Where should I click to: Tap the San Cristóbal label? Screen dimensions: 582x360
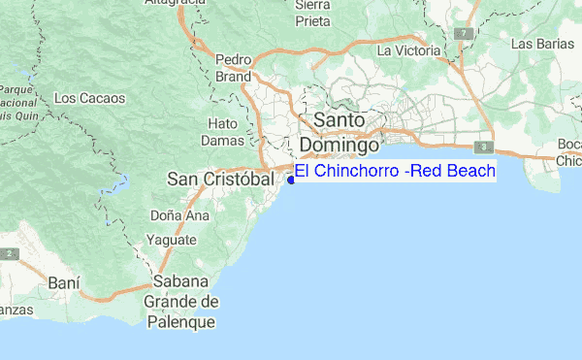[x=217, y=180]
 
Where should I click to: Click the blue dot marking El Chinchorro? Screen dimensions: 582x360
[x=291, y=180]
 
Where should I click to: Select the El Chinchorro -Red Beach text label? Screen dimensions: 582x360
[x=395, y=172]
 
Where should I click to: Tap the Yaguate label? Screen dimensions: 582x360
[x=172, y=240]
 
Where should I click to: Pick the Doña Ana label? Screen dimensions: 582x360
[x=181, y=214]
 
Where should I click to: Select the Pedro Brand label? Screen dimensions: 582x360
[x=234, y=66]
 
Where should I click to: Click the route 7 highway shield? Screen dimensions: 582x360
[x=467, y=33]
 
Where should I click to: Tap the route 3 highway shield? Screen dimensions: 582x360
[x=482, y=147]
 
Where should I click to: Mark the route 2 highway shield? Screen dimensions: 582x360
[x=8, y=253]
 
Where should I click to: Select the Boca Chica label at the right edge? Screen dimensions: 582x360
[x=569, y=152]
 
